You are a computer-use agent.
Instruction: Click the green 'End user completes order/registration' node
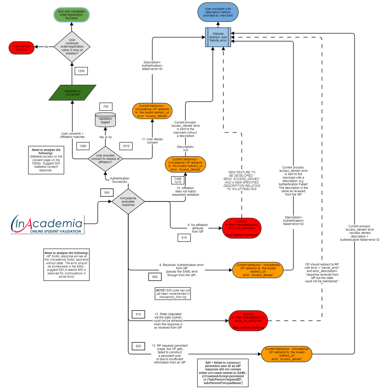(x=71, y=15)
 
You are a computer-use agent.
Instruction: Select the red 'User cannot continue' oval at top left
(x=22, y=48)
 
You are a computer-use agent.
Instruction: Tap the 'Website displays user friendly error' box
(x=218, y=37)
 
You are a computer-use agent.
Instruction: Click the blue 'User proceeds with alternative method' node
(x=218, y=12)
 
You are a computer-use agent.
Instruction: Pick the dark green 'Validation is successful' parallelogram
(x=72, y=93)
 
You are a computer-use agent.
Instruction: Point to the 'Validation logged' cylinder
(x=105, y=120)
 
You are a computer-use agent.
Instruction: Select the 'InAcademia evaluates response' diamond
(x=128, y=201)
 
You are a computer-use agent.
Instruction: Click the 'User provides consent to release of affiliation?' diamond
(x=105, y=159)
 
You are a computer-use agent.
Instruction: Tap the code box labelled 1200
(x=81, y=71)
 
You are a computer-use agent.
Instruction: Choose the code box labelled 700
(x=106, y=107)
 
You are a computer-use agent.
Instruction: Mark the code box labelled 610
(x=184, y=238)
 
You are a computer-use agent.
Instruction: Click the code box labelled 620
(x=138, y=346)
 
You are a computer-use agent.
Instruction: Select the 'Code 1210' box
(x=178, y=180)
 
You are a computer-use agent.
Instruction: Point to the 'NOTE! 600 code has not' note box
(x=173, y=294)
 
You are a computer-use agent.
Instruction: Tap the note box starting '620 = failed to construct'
(x=223, y=373)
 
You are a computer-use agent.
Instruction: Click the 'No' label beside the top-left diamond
(x=46, y=47)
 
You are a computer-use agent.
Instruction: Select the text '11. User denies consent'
(x=152, y=141)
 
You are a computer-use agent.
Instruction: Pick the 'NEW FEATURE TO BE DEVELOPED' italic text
(x=242, y=181)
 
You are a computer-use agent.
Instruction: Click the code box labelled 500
(x=107, y=193)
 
